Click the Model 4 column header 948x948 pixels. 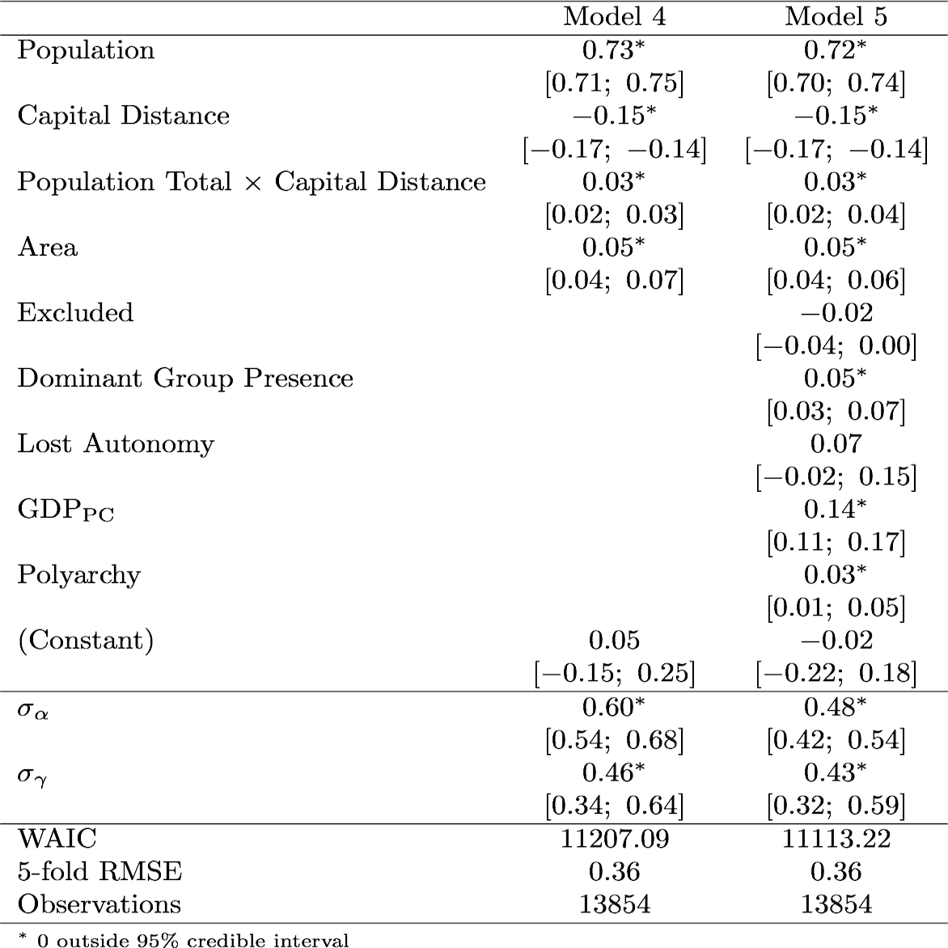point(614,17)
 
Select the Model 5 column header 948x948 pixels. point(836,17)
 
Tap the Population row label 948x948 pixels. point(86,50)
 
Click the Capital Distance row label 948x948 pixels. point(124,116)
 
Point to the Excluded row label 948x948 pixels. point(75,312)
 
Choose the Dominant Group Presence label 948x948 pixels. point(185,379)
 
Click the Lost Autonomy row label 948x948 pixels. point(116,444)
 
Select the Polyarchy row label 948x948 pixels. point(78,575)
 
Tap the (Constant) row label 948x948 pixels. point(85,641)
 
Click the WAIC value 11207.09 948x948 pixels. point(614,839)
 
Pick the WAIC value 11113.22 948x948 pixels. point(836,839)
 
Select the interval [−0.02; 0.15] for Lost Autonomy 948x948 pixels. point(836,477)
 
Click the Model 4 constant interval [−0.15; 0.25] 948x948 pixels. point(614,673)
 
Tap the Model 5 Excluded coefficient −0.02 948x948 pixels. point(836,312)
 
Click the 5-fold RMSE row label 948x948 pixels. point(99,871)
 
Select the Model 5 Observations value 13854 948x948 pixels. point(836,904)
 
